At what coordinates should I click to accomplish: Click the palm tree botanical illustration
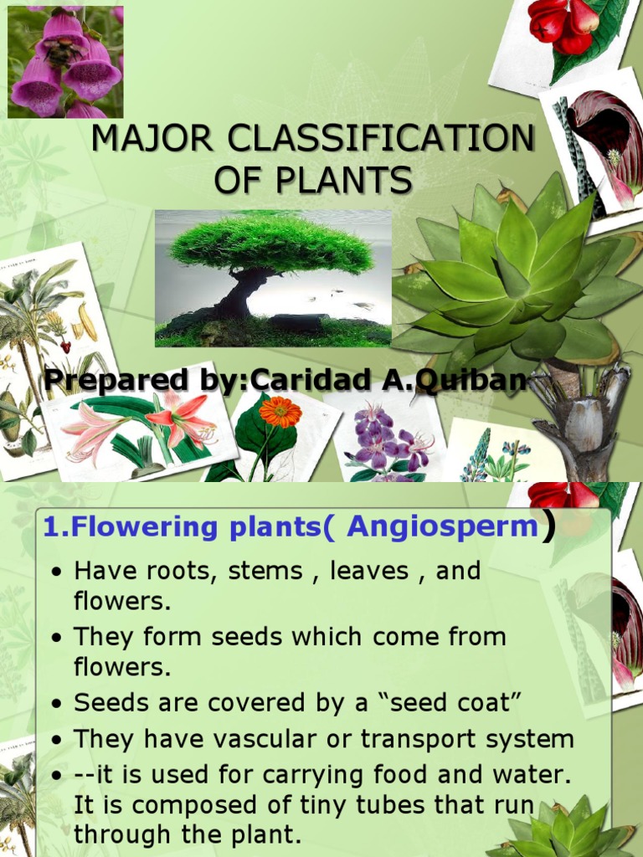(38, 335)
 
